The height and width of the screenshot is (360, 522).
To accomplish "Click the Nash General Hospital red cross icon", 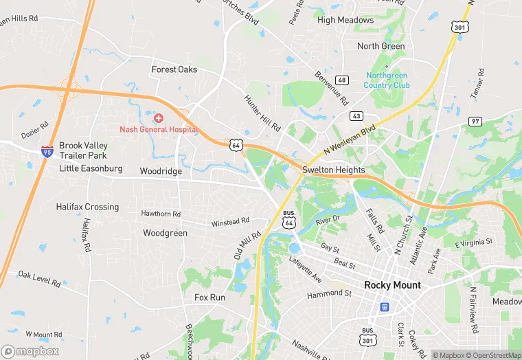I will [159, 119].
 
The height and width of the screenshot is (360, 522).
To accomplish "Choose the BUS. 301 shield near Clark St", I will [368, 335].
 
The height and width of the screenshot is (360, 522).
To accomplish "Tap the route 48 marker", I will [342, 80].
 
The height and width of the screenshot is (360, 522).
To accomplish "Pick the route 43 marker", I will [356, 115].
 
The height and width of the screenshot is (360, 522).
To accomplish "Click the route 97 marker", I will [475, 121].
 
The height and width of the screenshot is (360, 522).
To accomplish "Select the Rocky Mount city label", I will [392, 285].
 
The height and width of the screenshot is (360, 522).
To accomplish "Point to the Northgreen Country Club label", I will [388, 80].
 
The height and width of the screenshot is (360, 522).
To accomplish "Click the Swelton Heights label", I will [336, 170].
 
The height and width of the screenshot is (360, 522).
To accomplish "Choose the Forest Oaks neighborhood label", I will [174, 69].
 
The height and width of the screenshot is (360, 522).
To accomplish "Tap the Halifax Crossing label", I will [87, 207].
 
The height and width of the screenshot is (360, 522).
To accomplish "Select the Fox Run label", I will [209, 297].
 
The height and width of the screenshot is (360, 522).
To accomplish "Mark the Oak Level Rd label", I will [39, 278].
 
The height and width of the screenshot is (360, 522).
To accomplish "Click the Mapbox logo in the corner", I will [30, 351].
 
